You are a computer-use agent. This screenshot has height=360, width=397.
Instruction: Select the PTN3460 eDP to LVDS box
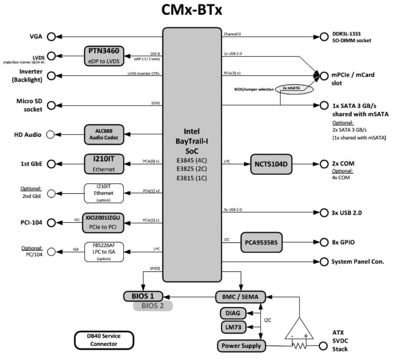(x=104, y=56)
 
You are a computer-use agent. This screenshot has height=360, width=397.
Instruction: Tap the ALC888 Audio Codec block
(x=104, y=135)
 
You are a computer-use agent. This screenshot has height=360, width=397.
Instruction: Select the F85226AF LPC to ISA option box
(x=104, y=252)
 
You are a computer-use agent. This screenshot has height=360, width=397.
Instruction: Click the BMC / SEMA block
(x=240, y=297)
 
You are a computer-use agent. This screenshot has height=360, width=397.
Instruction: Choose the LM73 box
(x=233, y=327)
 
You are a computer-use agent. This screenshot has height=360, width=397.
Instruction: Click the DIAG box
(x=233, y=313)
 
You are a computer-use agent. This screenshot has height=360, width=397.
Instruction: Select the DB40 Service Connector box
(x=104, y=340)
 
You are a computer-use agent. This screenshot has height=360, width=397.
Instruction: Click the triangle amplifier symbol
(x=300, y=329)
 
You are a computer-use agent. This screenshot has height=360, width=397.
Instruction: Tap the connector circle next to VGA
(x=51, y=37)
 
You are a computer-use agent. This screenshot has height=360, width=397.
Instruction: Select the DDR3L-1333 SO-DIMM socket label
(x=352, y=37)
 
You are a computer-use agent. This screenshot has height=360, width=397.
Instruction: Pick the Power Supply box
(x=242, y=345)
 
